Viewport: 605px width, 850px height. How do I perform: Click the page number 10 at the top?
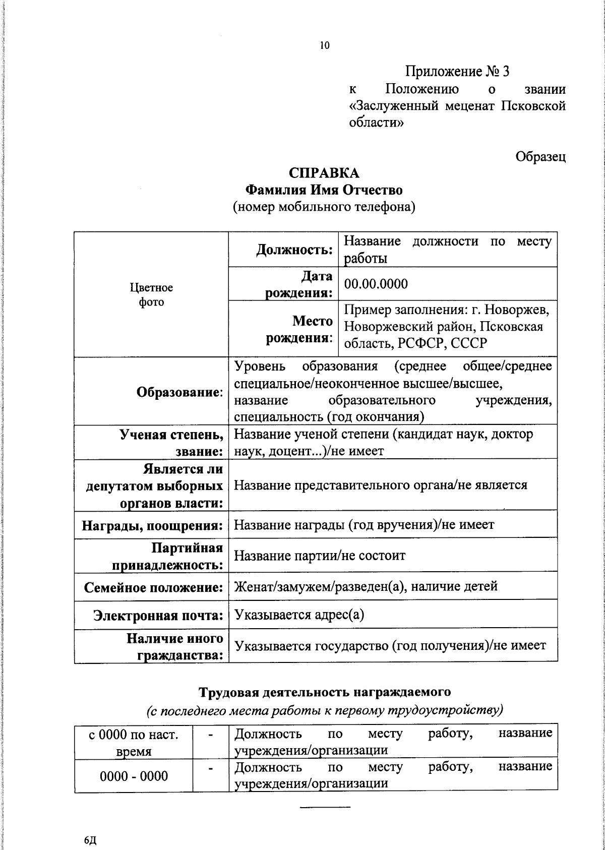click(324, 46)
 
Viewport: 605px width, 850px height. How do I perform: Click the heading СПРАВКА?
click(324, 173)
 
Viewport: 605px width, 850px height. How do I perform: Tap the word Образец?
click(540, 157)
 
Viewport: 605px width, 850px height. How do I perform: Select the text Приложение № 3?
click(458, 72)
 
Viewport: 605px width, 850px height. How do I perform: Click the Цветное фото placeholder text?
click(151, 294)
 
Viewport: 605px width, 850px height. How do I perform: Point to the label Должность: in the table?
click(294, 250)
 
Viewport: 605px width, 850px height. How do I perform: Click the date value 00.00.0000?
click(376, 284)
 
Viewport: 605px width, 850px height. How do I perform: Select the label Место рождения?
click(299, 329)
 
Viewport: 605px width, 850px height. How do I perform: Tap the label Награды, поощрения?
click(152, 526)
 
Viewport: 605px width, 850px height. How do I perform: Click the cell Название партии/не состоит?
click(320, 556)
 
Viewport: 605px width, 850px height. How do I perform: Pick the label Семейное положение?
click(153, 587)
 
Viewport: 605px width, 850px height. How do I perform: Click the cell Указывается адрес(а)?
click(299, 615)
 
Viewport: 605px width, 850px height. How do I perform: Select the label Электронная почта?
click(158, 616)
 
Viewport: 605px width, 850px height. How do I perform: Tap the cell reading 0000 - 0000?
click(134, 776)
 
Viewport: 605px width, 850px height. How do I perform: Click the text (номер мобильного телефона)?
click(324, 207)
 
